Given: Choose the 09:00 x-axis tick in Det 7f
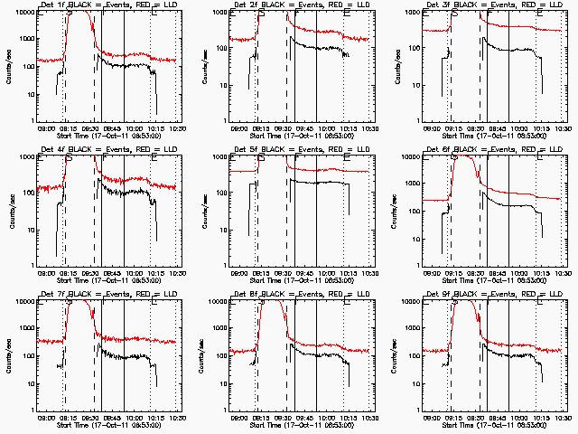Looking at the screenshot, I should coord(47,418).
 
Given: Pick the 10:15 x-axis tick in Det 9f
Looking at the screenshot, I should coord(540,418).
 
